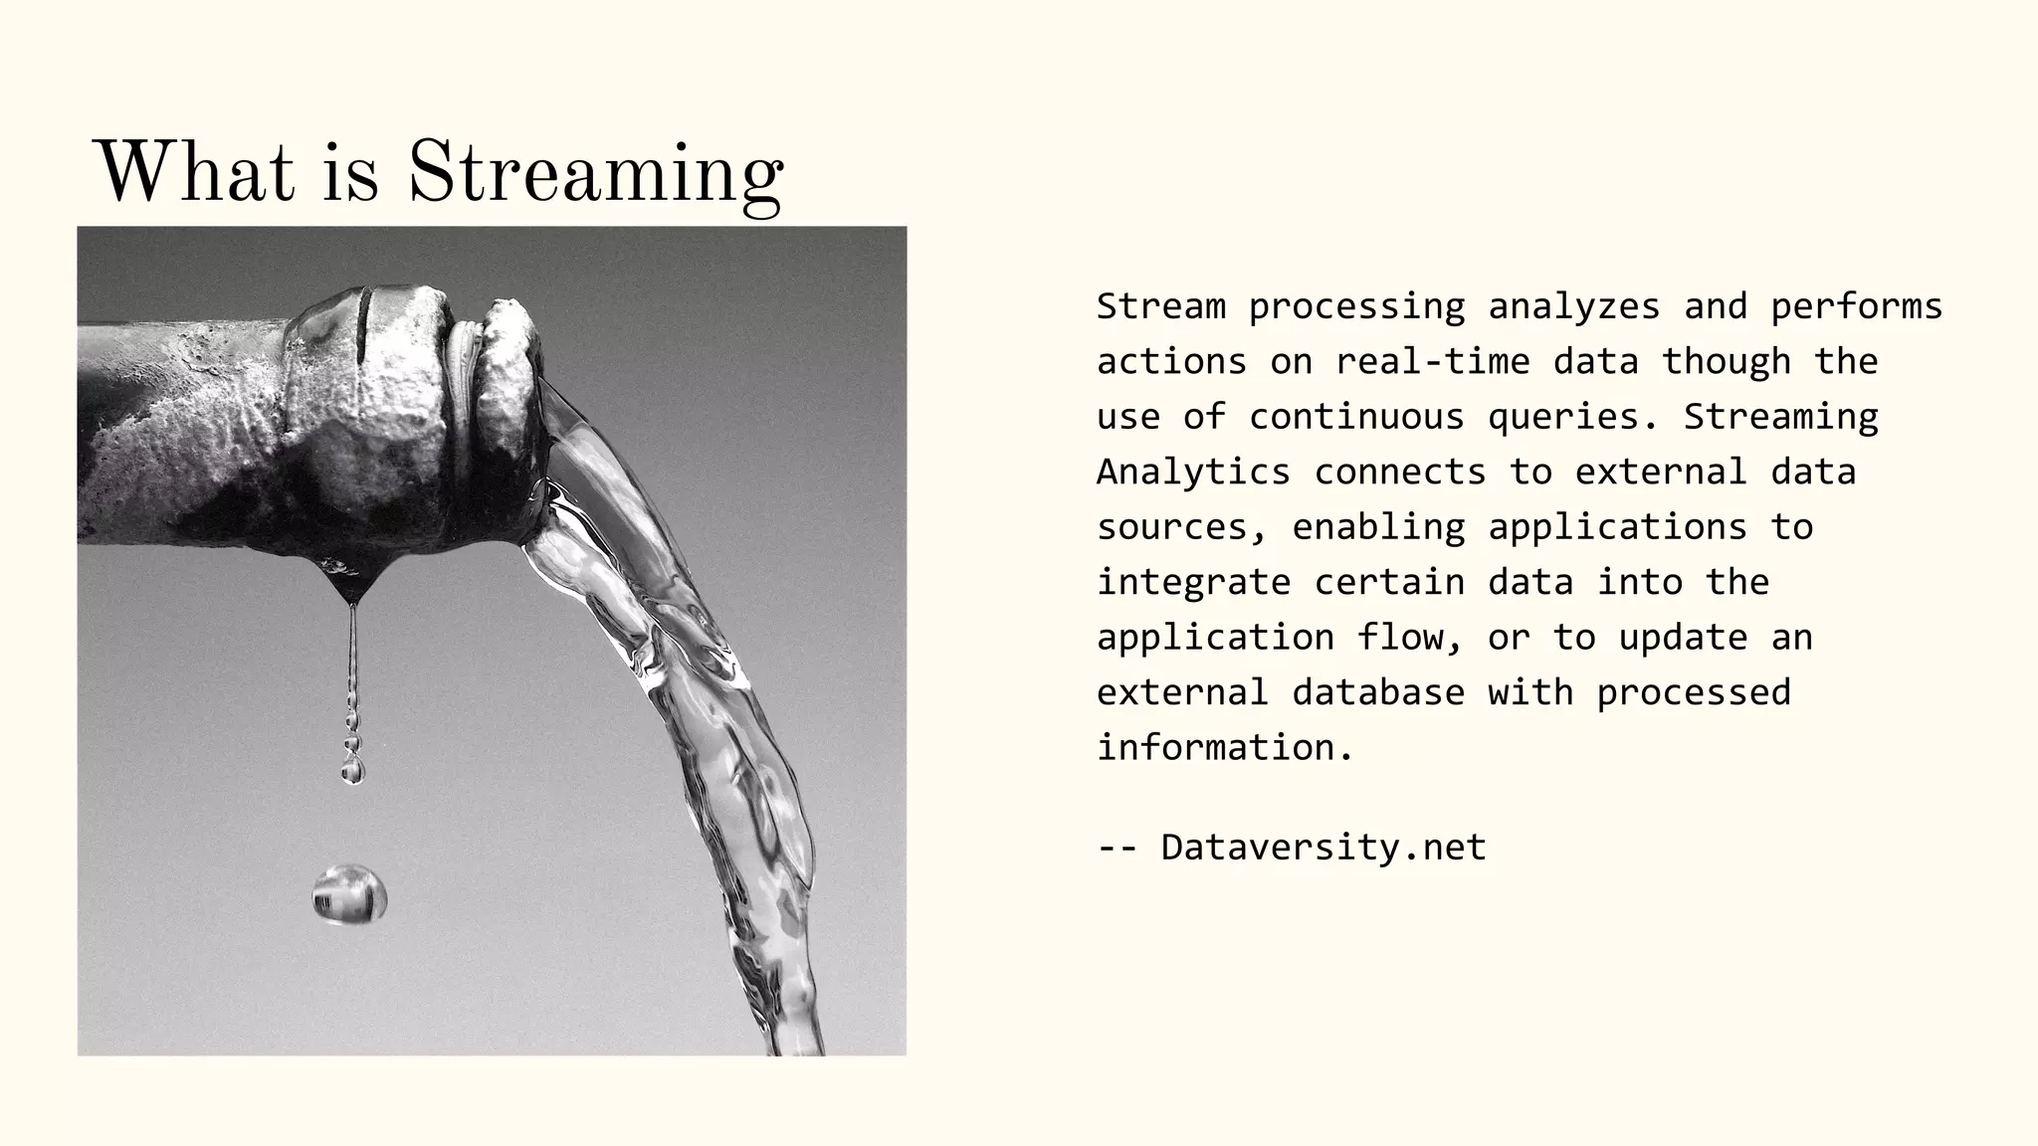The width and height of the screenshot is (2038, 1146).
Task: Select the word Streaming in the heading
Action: (x=595, y=175)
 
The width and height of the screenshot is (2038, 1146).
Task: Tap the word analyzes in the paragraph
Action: (x=1573, y=306)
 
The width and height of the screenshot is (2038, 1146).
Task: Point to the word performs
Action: (x=1856, y=306)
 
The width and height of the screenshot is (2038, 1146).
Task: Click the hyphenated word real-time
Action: (x=1432, y=361)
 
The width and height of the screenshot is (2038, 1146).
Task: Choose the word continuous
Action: (x=1356, y=417)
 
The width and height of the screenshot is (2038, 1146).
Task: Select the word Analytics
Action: (x=1193, y=472)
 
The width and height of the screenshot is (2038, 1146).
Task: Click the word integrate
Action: (x=1193, y=582)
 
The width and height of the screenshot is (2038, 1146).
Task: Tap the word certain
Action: (x=1389, y=582)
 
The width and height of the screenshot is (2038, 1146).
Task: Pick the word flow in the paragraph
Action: (x=1410, y=638)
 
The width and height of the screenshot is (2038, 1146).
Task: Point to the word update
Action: (x=1683, y=638)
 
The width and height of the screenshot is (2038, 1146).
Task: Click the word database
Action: (x=1378, y=692)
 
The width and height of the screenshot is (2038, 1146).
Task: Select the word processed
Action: (x=1694, y=692)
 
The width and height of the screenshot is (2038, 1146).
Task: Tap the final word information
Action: (x=1225, y=748)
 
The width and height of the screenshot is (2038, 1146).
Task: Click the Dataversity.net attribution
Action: (x=1324, y=848)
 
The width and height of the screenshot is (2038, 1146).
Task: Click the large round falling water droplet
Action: (x=349, y=893)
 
